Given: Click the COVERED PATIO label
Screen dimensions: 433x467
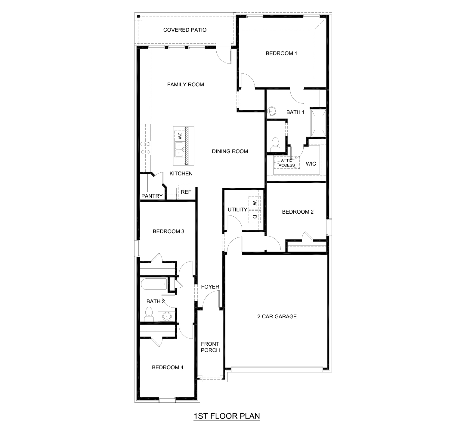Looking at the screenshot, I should (x=185, y=30).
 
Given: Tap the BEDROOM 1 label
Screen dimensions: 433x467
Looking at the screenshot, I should (x=281, y=54).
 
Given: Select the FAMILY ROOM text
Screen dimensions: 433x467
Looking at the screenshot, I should (x=185, y=85).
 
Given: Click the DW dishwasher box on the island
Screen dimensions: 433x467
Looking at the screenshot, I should (x=179, y=136).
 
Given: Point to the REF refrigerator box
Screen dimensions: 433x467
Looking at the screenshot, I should (x=186, y=192).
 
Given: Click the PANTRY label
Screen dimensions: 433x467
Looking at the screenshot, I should (x=152, y=196).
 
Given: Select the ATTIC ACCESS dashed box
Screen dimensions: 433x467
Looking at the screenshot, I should (x=287, y=163).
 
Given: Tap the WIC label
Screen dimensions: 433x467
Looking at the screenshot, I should (x=311, y=164).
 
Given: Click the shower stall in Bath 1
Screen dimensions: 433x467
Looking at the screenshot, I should (x=318, y=123).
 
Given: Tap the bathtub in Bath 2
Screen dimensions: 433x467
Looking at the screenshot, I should (x=154, y=284).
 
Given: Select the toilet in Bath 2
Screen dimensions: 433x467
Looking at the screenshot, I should (x=149, y=314).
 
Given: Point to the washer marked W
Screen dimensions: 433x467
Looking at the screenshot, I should (x=254, y=203).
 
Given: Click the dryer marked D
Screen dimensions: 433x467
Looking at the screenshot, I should (x=254, y=216).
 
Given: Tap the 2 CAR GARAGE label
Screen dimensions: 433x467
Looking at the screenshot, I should (x=277, y=317).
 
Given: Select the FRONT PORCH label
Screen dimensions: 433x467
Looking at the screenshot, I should (x=210, y=347).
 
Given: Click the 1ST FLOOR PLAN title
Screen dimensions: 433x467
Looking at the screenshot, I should (x=227, y=416).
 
